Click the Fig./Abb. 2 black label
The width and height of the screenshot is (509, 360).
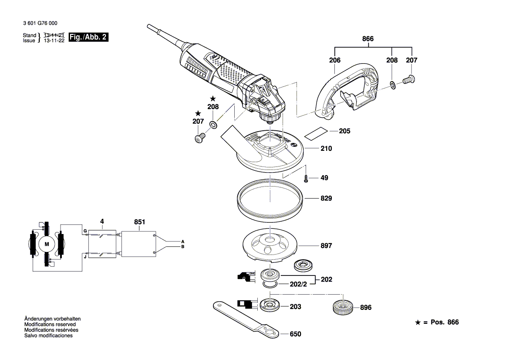(88, 37)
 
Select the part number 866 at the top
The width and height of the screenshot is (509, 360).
(368, 39)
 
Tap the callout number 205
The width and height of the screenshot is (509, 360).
(344, 131)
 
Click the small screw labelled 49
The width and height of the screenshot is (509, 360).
(307, 178)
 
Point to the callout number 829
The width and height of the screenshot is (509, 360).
(326, 198)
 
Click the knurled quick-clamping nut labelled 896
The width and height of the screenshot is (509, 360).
(342, 308)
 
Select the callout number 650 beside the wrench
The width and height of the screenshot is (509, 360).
(295, 334)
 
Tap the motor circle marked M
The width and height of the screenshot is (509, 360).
(47, 244)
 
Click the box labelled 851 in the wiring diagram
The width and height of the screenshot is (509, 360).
(138, 244)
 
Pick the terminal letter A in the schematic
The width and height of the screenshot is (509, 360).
(182, 241)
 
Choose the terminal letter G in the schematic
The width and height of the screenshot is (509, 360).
(85, 230)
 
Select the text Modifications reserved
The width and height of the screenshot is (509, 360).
(50, 325)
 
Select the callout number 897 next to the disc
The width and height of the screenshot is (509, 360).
(326, 246)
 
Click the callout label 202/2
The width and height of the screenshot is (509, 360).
(299, 284)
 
